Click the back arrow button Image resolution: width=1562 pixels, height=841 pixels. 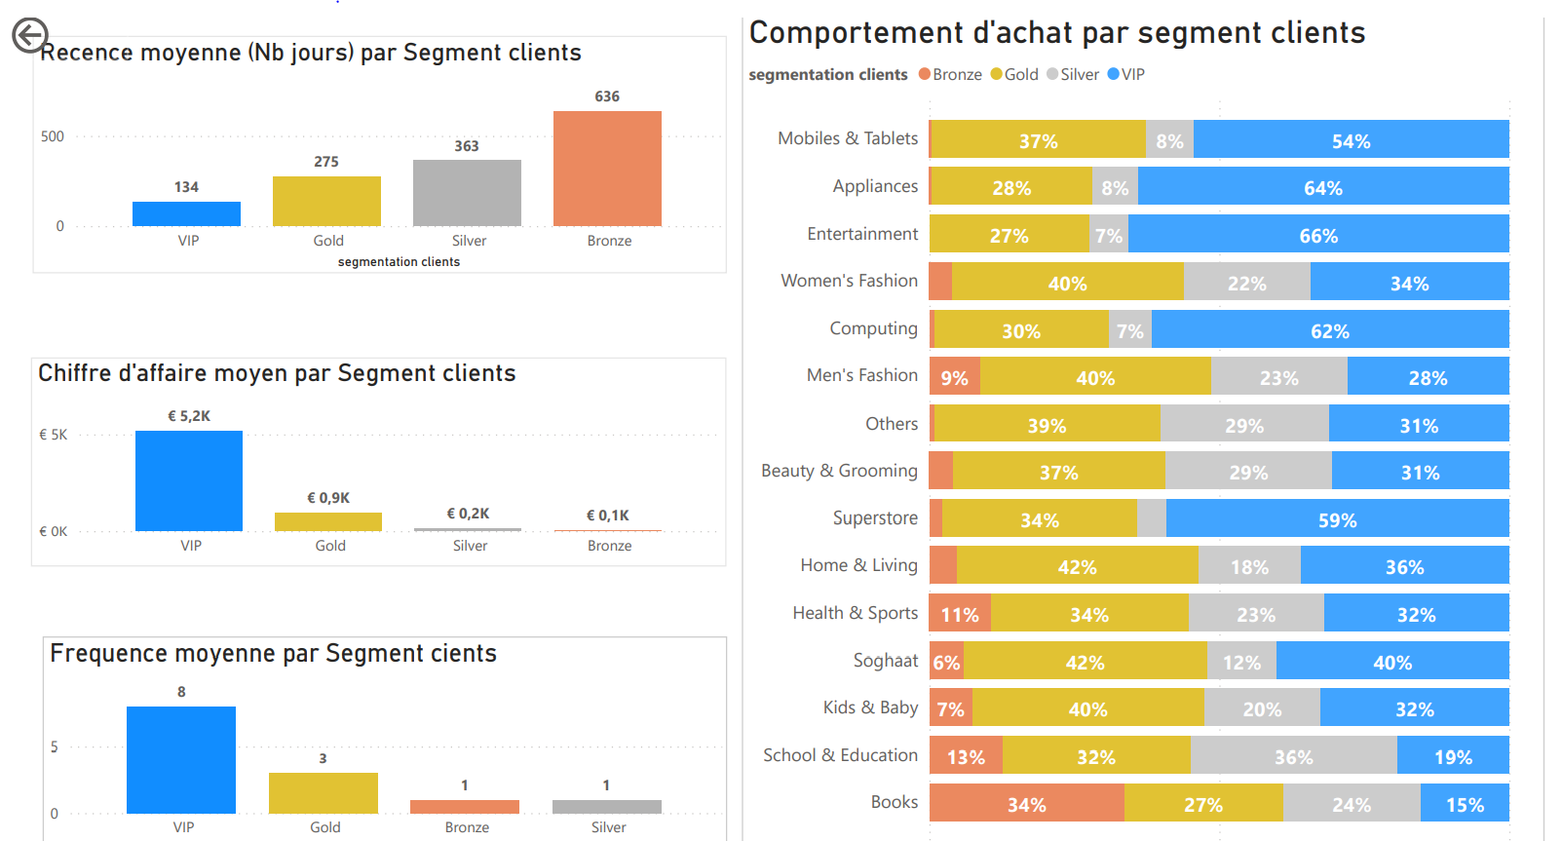[29, 35]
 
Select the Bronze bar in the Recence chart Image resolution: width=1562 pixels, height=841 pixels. [607, 169]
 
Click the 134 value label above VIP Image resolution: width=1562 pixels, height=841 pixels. [186, 187]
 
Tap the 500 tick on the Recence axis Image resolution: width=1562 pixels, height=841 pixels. [53, 136]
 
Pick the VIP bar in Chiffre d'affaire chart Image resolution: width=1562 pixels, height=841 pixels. [189, 481]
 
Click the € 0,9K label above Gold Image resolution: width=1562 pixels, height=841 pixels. [328, 498]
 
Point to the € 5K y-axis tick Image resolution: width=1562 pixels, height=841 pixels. [54, 435]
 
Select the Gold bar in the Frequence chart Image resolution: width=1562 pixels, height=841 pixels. [324, 793]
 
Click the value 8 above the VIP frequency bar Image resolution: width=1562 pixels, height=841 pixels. [181, 692]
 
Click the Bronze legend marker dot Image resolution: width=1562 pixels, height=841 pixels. [925, 75]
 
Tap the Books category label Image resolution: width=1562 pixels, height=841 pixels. [894, 802]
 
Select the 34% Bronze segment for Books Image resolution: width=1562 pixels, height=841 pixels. [1026, 804]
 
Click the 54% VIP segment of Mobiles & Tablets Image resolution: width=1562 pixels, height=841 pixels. [1351, 140]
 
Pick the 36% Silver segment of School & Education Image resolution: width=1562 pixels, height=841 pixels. [1293, 756]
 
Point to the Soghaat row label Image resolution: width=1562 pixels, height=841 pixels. [885, 661]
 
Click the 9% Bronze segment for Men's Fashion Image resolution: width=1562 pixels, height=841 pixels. [954, 377]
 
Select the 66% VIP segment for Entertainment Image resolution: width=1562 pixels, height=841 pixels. [1317, 235]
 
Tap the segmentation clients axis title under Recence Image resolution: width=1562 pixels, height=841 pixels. [399, 262]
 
